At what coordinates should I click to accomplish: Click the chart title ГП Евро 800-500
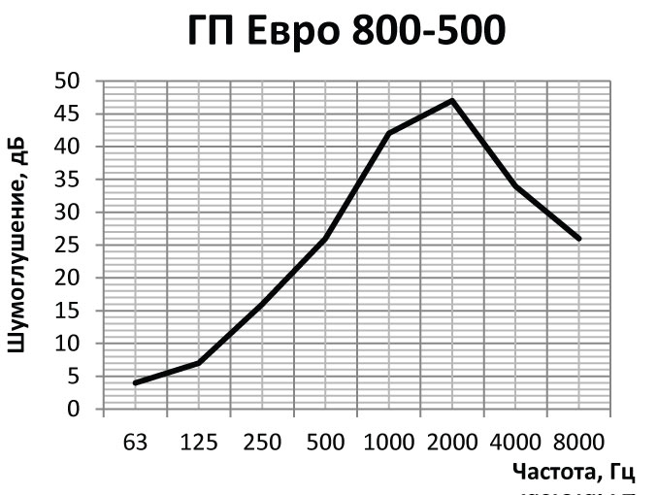point(345,32)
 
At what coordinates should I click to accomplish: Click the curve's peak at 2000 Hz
point(452,100)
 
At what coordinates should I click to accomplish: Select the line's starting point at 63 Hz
point(136,382)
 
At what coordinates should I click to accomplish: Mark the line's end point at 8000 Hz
point(578,238)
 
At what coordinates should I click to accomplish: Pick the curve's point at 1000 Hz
point(388,133)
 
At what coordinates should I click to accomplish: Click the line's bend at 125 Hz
point(199,363)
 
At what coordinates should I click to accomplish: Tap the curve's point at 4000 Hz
point(515,185)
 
